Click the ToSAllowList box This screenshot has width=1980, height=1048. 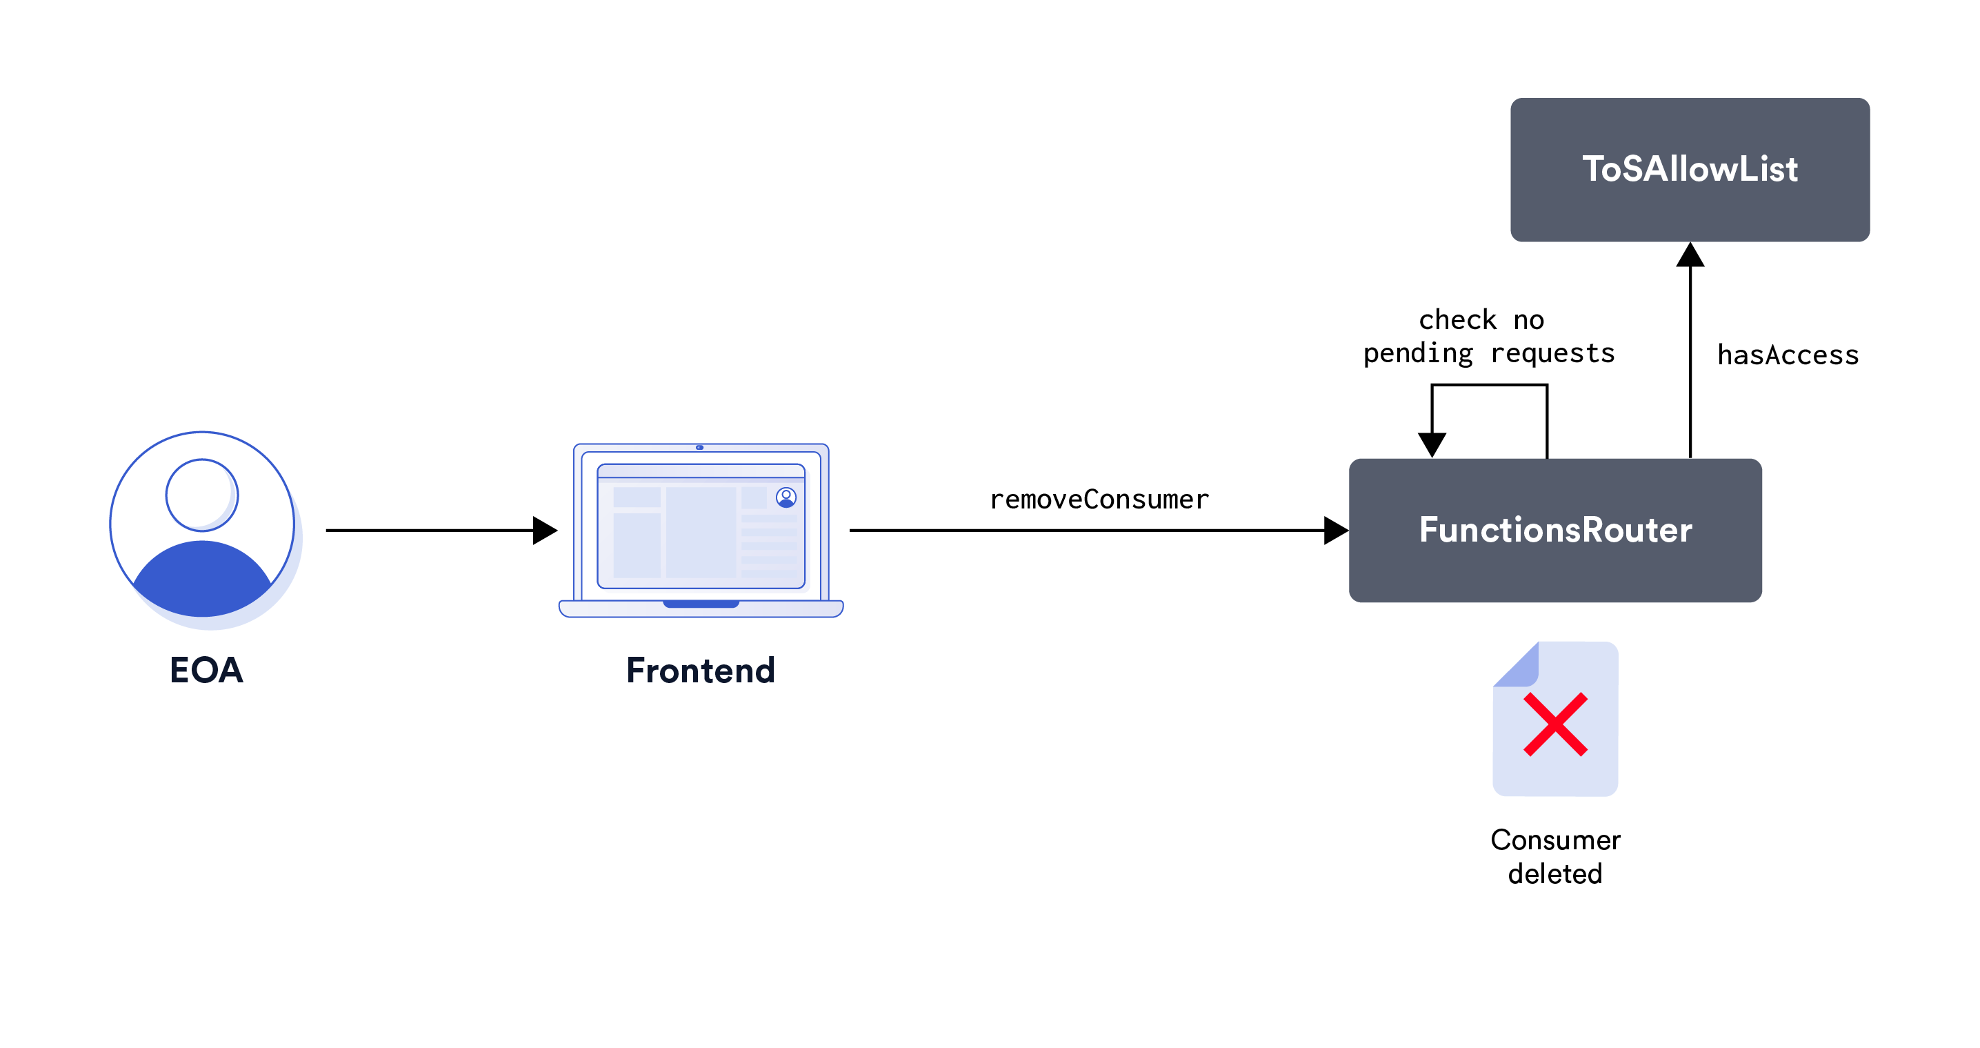tap(1689, 169)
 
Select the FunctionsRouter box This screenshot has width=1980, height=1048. tap(1554, 530)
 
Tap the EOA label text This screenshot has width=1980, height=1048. tap(206, 670)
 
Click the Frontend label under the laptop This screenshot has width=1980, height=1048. tap(700, 670)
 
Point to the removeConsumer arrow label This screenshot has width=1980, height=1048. tap(1099, 500)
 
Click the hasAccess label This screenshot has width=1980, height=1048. tap(1787, 355)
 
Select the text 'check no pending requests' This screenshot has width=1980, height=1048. tap(1488, 337)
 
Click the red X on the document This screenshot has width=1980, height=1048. tap(1555, 724)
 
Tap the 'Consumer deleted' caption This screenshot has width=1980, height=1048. tap(1555, 857)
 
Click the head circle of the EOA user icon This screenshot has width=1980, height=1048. tap(201, 495)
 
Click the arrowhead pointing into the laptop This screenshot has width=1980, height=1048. tap(544, 530)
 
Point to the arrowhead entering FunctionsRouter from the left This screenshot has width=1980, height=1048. tap(1335, 530)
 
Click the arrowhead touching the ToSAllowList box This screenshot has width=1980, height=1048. tap(1690, 255)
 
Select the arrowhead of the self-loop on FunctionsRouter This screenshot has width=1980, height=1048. tap(1431, 444)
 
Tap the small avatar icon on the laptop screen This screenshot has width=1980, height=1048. tap(786, 497)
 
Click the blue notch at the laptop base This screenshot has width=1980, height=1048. tap(700, 604)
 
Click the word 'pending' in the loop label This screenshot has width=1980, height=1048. tap(1417, 354)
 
